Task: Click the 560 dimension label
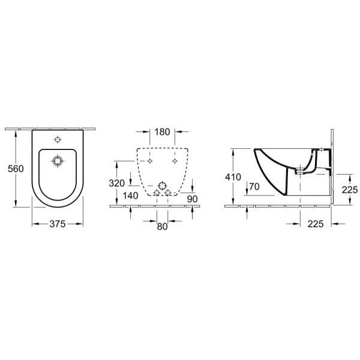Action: (x=16, y=169)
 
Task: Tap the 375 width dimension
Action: (x=58, y=224)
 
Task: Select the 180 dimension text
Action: (x=162, y=132)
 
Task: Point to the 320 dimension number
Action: (x=116, y=183)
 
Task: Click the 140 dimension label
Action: (x=130, y=196)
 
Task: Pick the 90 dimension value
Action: (x=192, y=199)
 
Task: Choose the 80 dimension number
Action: (x=162, y=226)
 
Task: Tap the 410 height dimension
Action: (x=233, y=177)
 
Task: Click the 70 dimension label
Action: (x=254, y=187)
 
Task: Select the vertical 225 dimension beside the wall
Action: (x=350, y=190)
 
